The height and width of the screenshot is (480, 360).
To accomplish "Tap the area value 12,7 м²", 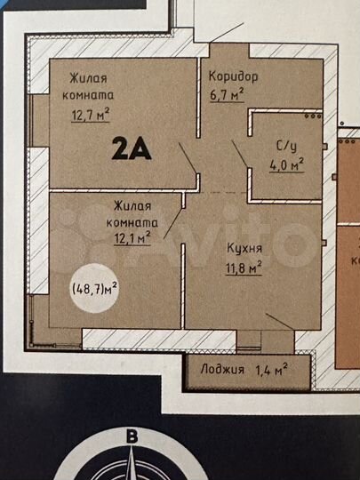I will pos(91,113).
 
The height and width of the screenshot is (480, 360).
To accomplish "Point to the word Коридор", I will pos(234,76).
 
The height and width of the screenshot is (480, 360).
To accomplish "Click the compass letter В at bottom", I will pos(132,436).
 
